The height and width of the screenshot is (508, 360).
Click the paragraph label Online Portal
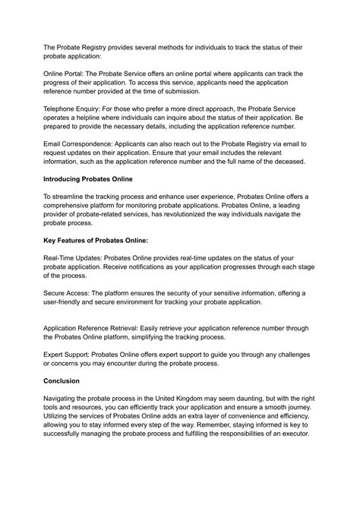pos(70,74)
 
